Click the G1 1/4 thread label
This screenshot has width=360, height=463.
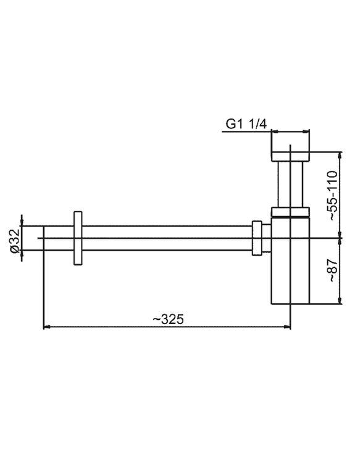coord(246,124)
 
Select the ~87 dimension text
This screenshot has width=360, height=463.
coord(332,270)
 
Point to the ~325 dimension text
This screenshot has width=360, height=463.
coord(168,319)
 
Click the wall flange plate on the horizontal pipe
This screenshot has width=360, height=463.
coord(78,238)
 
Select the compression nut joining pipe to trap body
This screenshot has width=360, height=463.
coord(257,238)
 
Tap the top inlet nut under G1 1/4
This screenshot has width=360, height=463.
coord(290,157)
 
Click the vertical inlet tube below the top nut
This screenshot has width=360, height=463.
coord(290,184)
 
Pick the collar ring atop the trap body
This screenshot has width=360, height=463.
coord(290,212)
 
